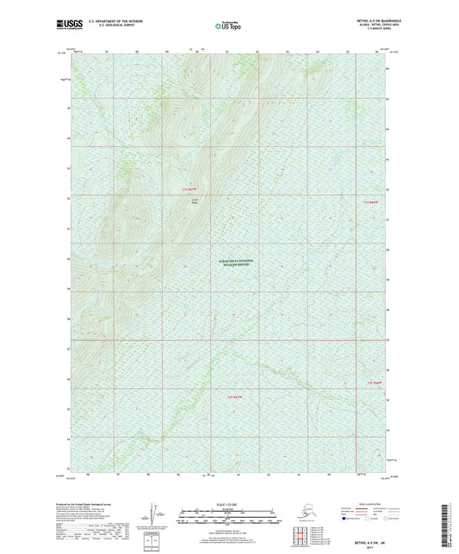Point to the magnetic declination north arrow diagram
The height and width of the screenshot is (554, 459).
158,516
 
